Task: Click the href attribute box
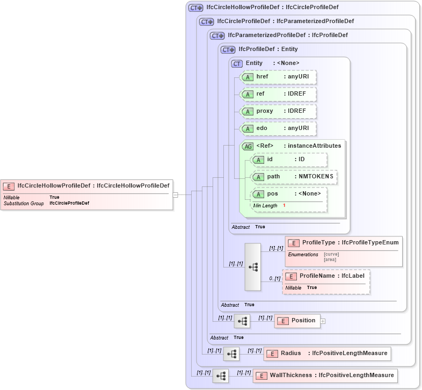click(x=278, y=77)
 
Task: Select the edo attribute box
click(x=278, y=128)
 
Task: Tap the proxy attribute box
click(x=278, y=111)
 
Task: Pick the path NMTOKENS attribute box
click(x=294, y=177)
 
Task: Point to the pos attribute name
click(x=273, y=194)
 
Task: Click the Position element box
click(x=297, y=321)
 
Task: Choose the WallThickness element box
click(x=325, y=375)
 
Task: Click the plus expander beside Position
click(x=323, y=321)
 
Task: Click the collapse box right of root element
click(x=176, y=194)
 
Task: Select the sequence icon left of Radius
click(x=231, y=353)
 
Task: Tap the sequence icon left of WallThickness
click(x=221, y=375)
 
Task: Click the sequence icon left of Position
click(x=242, y=321)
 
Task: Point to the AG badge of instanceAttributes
click(x=248, y=146)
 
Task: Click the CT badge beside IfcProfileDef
click(x=229, y=49)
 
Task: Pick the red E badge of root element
click(x=9, y=186)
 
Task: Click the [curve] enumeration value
click(x=331, y=254)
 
